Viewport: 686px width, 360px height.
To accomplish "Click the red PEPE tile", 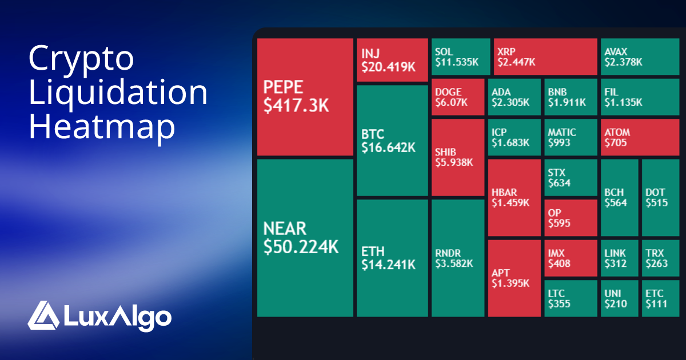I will pos(305,97).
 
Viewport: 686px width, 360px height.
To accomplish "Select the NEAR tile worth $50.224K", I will pos(305,238).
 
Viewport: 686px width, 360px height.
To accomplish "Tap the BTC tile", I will pos(392,141).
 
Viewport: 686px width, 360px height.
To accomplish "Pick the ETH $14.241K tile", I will pos(392,258).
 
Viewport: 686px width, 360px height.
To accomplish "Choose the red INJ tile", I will pos(392,60).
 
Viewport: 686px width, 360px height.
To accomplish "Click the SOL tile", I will pos(461,57).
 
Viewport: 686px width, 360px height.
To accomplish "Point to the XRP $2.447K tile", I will pos(545,57).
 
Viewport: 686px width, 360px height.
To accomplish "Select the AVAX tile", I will pos(640,57).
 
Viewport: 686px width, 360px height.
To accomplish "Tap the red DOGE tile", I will pos(458,98).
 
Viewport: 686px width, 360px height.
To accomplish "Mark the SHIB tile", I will pos(458,157).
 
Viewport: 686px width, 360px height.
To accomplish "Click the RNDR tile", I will pos(458,258).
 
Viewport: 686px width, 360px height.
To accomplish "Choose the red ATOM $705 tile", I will pos(640,137).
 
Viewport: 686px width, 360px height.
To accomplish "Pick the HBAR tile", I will pos(514,198).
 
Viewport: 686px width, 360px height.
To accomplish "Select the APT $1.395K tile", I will pos(514,278).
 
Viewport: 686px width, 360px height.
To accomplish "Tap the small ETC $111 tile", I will pos(660,298).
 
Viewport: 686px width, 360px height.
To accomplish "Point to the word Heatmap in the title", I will pos(102,127).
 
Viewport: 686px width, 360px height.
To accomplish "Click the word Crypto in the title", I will pos(81,58).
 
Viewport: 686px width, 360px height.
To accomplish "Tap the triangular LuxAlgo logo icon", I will pos(43,316).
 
